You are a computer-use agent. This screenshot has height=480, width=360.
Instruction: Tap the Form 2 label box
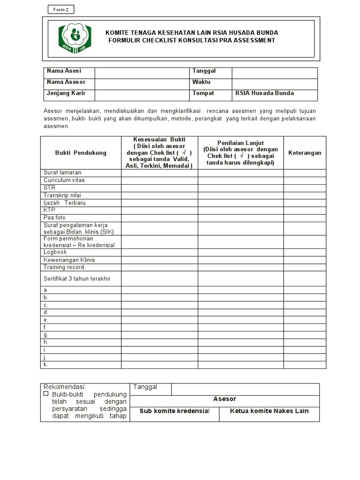pyautogui.click(x=61, y=10)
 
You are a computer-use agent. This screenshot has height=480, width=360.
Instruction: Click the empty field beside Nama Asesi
pyautogui.click(x=142, y=73)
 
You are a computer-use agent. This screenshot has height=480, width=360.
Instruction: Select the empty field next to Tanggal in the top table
pyautogui.click(x=274, y=73)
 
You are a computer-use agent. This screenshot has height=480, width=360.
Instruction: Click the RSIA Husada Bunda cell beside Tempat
pyautogui.click(x=274, y=93)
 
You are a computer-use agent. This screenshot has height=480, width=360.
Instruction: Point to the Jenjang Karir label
pyautogui.click(x=66, y=93)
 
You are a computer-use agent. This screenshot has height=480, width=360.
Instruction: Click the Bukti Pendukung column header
pyautogui.click(x=81, y=153)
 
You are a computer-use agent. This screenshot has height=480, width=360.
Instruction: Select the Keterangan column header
pyautogui.click(x=305, y=153)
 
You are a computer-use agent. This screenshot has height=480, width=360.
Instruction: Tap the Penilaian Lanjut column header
pyautogui.click(x=240, y=153)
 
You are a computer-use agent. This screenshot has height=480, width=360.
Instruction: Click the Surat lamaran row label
pyautogui.click(x=62, y=173)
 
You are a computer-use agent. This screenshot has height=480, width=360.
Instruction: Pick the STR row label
pyautogui.click(x=50, y=188)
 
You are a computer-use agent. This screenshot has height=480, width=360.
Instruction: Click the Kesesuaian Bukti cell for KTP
pyautogui.click(x=159, y=210)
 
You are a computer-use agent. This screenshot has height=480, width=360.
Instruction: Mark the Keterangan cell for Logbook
pyautogui.click(x=305, y=252)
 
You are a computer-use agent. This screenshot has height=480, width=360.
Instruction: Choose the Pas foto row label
pyautogui.click(x=55, y=218)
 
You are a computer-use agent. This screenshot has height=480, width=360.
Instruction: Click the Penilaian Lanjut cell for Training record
pyautogui.click(x=240, y=267)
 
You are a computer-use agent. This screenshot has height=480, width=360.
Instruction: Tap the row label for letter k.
pyautogui.click(x=46, y=365)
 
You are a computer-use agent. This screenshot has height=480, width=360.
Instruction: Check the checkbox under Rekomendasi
pyautogui.click(x=46, y=394)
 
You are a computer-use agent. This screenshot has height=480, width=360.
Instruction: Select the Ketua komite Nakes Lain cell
pyautogui.click(x=269, y=412)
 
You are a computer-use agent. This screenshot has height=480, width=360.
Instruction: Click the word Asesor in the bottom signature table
pyautogui.click(x=225, y=399)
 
